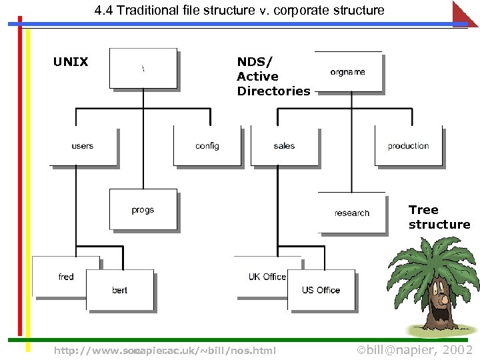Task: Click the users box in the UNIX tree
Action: click(83, 147)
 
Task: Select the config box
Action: click(207, 146)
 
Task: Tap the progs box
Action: click(143, 209)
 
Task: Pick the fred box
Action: click(65, 276)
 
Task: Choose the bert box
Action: click(120, 290)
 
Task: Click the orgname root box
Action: click(348, 71)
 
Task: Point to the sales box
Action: click(284, 146)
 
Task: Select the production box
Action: click(408, 146)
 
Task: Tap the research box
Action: click(351, 213)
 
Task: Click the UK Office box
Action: click(267, 276)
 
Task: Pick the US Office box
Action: click(321, 290)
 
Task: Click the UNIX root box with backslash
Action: click(143, 68)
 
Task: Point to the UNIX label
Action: click(71, 62)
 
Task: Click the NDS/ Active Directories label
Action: click(273, 77)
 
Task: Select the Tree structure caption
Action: click(439, 217)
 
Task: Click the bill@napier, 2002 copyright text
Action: click(415, 350)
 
